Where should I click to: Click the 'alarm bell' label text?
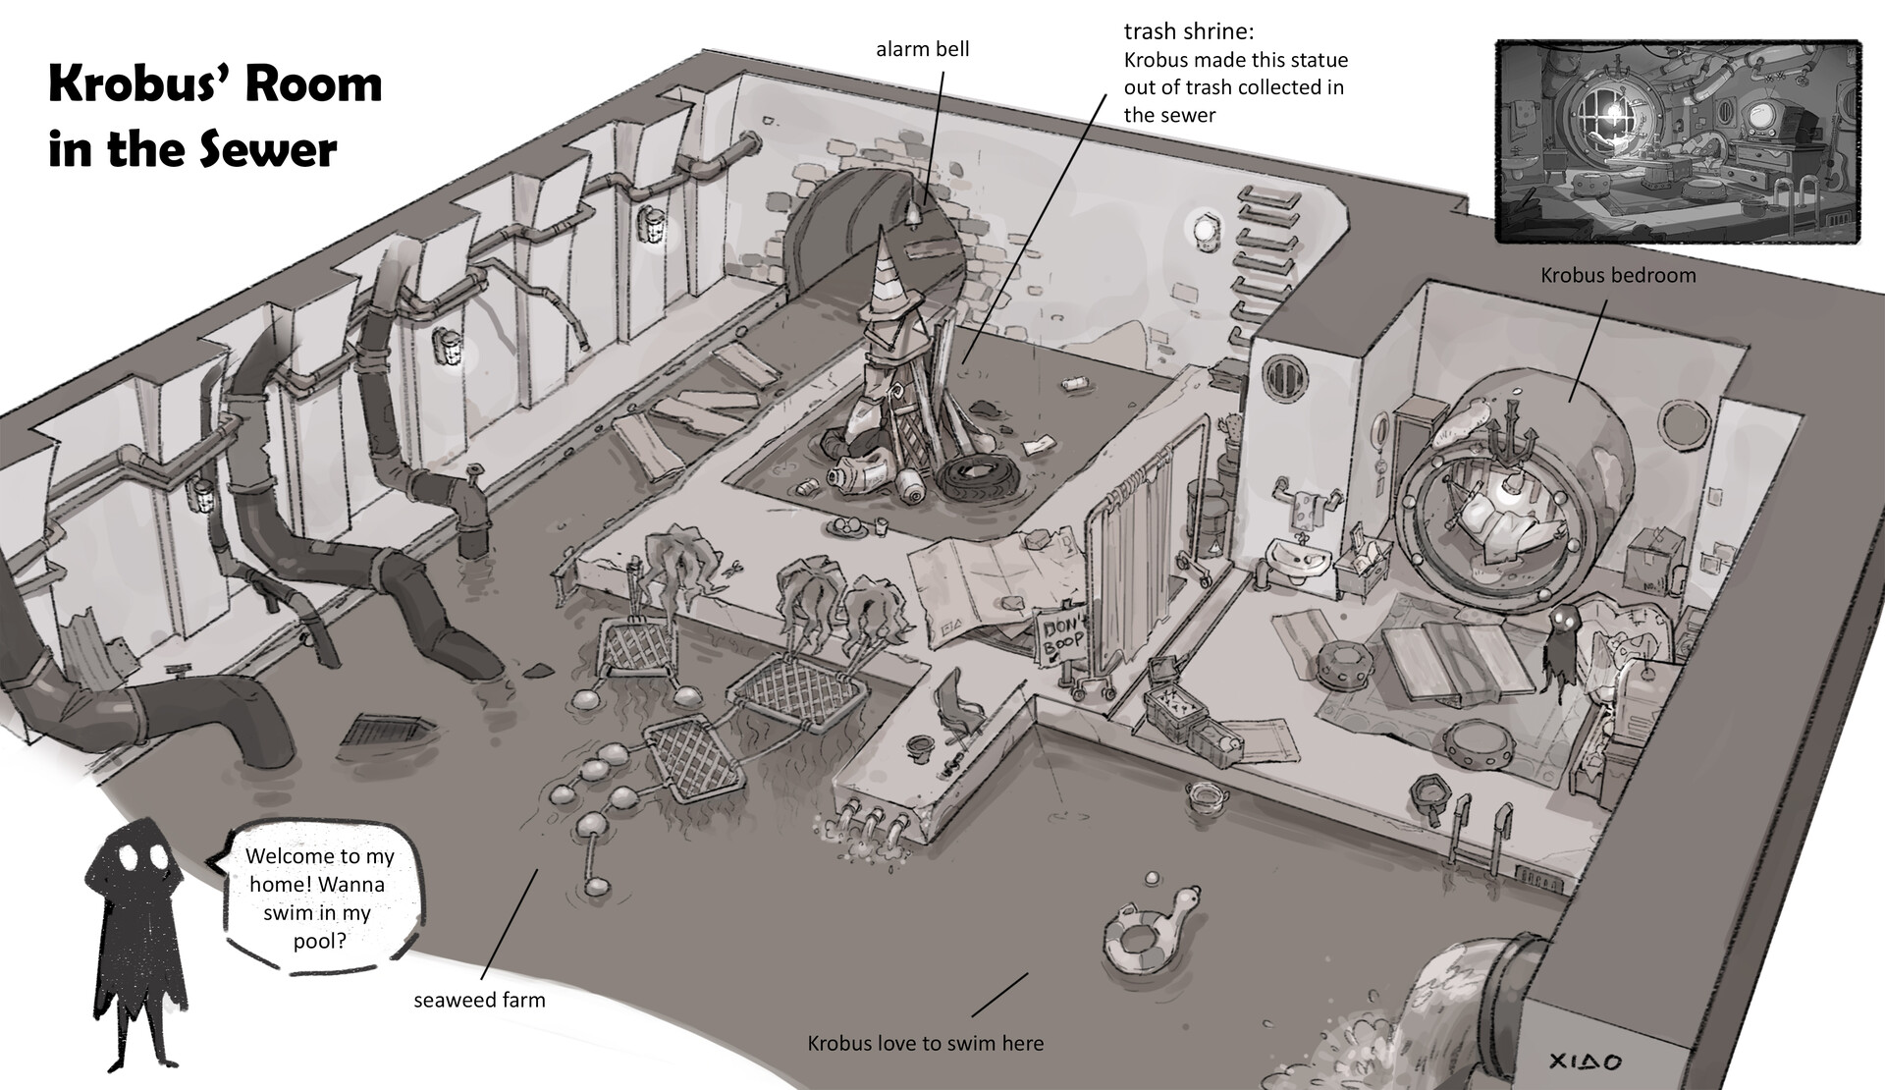coord(922,49)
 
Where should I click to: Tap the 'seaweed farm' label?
coord(478,1001)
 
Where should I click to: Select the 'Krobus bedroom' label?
coord(1617,275)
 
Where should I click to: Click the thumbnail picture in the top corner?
coord(1677,140)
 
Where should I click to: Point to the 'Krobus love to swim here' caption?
coord(925,1043)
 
